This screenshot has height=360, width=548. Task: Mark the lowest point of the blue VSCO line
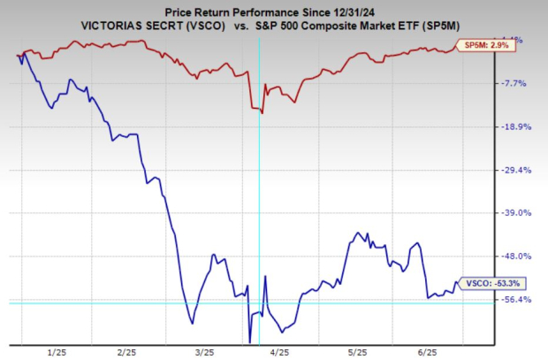250,341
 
